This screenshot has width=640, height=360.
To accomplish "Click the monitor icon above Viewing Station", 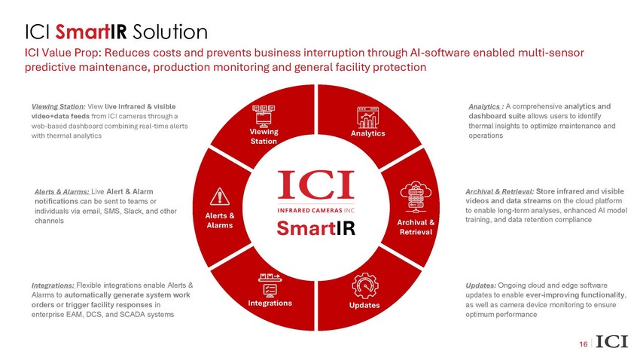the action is coord(264,116).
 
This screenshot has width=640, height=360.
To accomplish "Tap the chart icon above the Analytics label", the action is coord(367,117).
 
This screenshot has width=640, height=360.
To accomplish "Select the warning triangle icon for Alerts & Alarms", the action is coord(220,197).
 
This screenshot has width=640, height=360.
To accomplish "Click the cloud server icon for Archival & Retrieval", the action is coord(416,197).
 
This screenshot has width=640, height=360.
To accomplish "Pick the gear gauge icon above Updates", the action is coord(365,285).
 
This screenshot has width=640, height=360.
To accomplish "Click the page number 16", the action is coord(584,344).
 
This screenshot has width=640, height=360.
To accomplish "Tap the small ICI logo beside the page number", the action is coord(611,342).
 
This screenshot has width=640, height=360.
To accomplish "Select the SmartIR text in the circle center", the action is coord(316,228).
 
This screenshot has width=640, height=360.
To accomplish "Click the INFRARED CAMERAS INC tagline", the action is coord(316,210).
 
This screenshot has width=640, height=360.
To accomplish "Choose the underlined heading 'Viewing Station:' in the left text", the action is coord(59,106).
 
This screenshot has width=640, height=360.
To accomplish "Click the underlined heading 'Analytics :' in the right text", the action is coord(486,106).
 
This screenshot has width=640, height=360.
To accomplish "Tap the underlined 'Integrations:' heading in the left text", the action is coord(53,285).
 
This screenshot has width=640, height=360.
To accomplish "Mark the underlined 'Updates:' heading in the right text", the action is coord(481,285).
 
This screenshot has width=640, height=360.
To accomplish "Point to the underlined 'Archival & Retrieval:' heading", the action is coord(500,191).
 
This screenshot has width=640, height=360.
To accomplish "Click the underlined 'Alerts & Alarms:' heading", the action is coord(62,191).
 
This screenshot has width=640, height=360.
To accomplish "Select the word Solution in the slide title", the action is coord(170,32).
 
